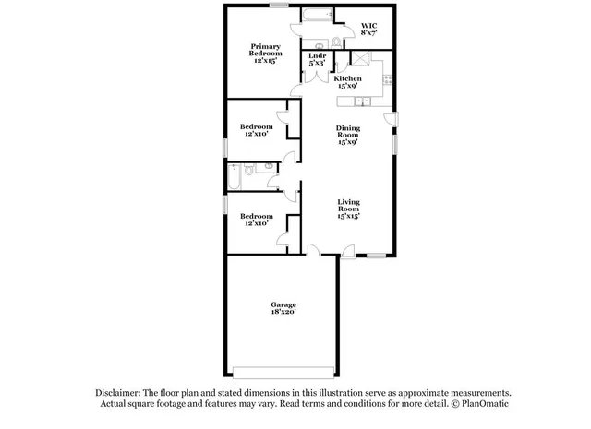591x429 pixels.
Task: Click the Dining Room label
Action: (x=347, y=134)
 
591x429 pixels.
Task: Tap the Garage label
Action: (x=283, y=304)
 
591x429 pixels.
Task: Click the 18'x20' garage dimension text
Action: (x=283, y=313)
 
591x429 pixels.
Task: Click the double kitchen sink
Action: (x=349, y=101)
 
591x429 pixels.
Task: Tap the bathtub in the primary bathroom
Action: (x=315, y=15)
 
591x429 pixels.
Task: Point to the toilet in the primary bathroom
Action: (x=320, y=43)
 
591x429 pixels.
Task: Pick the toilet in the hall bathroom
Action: (x=267, y=166)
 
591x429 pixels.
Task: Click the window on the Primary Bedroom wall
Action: (x=276, y=6)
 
